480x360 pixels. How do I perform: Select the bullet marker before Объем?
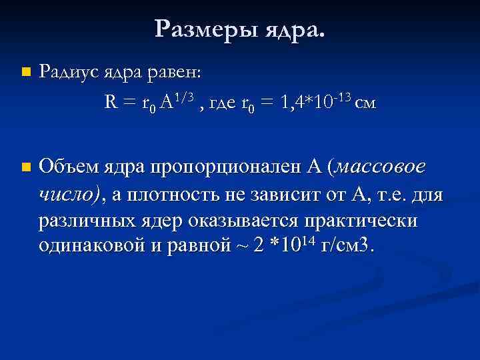25,167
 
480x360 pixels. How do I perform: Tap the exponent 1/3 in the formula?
184,98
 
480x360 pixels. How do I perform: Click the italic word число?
67,194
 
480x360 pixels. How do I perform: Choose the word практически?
360,221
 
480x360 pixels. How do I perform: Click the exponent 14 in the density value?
306,241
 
